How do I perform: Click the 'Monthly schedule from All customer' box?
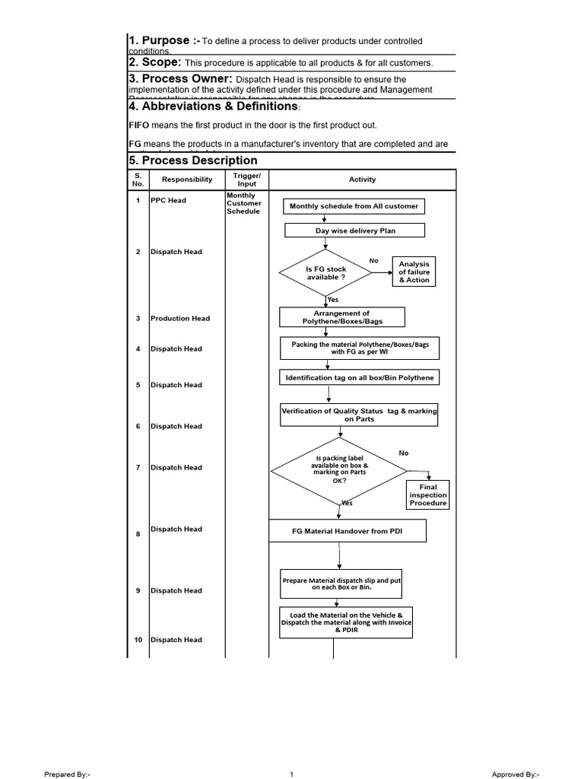coord(354,206)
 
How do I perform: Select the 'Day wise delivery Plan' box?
coord(355,231)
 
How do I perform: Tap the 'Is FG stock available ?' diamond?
coord(325,273)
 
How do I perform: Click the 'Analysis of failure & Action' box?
coord(414,272)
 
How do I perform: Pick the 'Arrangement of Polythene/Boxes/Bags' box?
coord(341,317)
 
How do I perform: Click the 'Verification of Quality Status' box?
coord(359,415)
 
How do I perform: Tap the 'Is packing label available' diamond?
coord(339,470)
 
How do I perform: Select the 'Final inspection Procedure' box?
coord(428,494)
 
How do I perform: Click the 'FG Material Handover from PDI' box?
coord(348,530)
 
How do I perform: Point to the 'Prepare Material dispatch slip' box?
coord(341,583)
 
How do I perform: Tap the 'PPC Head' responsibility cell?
coord(168,201)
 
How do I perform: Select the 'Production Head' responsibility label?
coord(179,318)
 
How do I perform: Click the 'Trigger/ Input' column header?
coord(247,180)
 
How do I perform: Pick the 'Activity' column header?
coord(362,180)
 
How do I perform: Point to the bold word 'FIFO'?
coord(138,126)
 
